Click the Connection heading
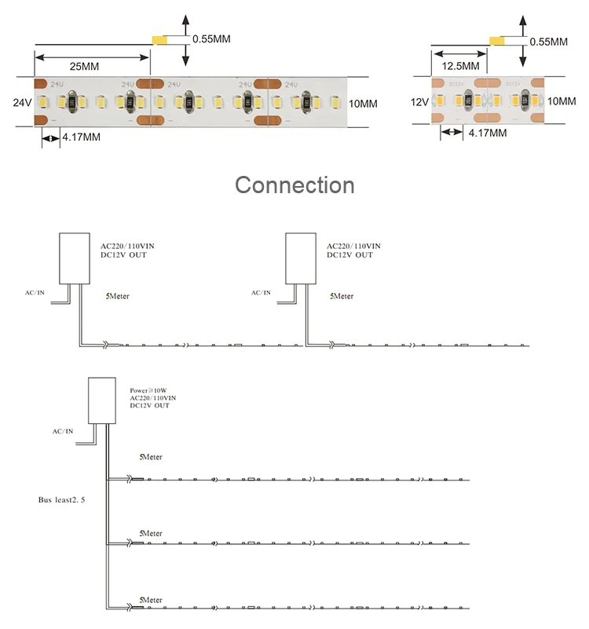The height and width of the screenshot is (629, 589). (294, 185)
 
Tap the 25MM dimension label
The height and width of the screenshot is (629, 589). (84, 67)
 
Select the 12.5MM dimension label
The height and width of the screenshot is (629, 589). (461, 66)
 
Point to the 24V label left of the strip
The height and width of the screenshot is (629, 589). (22, 103)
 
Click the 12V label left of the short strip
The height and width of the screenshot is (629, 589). (419, 102)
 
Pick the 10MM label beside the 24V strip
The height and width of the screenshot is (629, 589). (363, 104)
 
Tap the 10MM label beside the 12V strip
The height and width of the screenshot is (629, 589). (562, 101)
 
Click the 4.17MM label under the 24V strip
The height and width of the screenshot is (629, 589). (82, 137)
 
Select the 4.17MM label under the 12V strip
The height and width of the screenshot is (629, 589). (488, 133)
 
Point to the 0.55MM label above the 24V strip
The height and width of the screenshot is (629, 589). (211, 39)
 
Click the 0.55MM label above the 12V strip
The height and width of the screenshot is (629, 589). (548, 42)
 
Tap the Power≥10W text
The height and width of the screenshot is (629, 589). (148, 390)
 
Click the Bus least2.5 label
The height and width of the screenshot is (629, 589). (61, 500)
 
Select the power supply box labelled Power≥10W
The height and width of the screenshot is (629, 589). (102, 400)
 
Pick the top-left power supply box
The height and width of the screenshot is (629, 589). (75, 258)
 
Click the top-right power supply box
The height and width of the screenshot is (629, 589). (301, 258)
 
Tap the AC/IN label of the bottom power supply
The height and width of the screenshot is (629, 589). (63, 431)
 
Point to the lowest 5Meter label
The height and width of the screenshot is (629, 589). (151, 600)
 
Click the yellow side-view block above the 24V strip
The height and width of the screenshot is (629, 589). (159, 40)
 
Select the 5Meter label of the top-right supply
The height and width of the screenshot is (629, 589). (342, 296)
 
